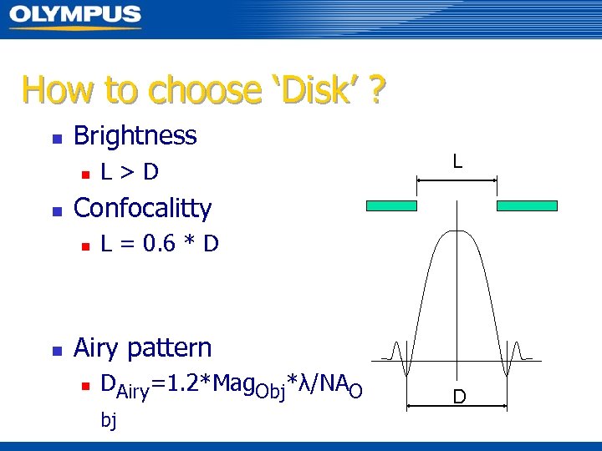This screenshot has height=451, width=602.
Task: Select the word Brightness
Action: [135, 135]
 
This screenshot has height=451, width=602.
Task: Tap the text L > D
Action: [130, 173]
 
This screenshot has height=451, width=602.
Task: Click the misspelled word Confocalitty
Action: [143, 208]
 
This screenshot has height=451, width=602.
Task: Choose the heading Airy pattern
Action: [143, 347]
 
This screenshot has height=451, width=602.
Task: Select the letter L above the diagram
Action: [457, 160]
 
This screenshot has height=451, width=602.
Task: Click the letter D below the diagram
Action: [459, 396]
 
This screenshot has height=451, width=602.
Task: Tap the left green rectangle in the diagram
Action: [391, 205]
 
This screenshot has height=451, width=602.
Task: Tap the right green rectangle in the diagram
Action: [527, 205]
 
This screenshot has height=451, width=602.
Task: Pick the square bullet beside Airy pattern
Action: [56, 350]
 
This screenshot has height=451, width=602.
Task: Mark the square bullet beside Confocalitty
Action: [56, 210]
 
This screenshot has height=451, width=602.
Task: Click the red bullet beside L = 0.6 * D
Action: [84, 246]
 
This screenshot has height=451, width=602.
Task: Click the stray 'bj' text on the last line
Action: [109, 420]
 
